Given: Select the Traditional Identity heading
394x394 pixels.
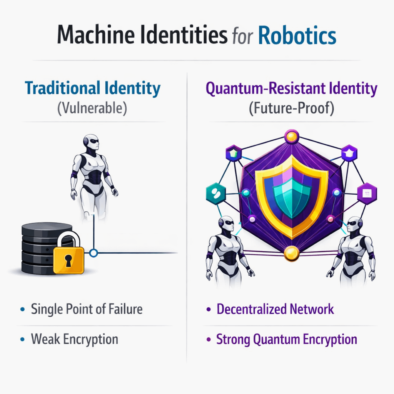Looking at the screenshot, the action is [x=92, y=89].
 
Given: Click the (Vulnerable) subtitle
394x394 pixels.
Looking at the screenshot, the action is [x=92, y=107].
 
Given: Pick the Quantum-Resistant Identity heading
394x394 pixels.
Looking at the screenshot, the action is [x=291, y=89].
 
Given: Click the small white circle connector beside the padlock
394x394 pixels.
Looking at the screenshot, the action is [x=93, y=253].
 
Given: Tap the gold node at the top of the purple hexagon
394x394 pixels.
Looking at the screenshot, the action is [x=291, y=136].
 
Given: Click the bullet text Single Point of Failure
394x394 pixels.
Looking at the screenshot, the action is [x=87, y=309].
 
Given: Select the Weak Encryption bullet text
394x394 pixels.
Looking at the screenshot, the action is [x=74, y=339].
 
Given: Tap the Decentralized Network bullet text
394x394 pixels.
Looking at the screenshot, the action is [x=275, y=309].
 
